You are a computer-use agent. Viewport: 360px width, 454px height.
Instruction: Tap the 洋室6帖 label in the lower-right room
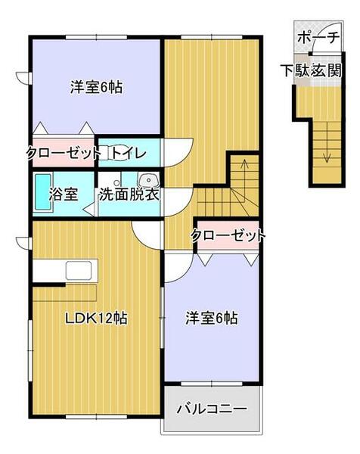213,319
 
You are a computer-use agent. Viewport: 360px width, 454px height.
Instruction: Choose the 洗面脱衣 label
129,194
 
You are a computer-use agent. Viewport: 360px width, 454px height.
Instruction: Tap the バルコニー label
211,409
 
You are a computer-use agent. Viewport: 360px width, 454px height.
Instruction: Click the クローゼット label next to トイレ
64,153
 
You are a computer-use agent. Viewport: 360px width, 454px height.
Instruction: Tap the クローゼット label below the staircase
228,235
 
